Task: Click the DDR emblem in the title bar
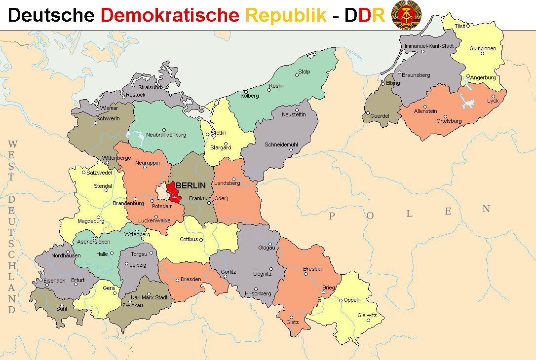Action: click(406, 15)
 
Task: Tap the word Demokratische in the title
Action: click(169, 15)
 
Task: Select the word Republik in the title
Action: click(286, 15)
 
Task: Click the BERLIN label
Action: click(191, 186)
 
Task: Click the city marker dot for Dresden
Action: click(178, 281)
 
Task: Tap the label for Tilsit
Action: click(459, 26)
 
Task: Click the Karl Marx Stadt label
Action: click(149, 298)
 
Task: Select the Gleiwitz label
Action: click(367, 315)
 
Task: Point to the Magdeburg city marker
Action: click(98, 217)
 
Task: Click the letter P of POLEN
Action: click(332, 216)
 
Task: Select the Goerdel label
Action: click(380, 116)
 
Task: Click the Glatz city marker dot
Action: click(292, 317)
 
